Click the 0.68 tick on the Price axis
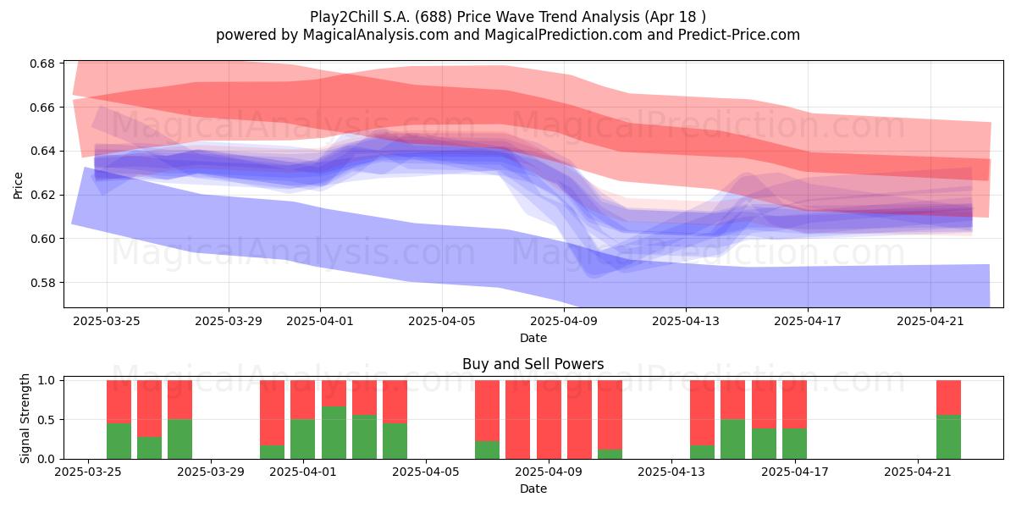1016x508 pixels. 41,63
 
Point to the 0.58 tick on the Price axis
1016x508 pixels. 41,283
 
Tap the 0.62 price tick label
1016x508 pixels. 41,195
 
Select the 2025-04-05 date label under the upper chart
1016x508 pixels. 442,321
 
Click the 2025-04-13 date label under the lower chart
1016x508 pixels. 671,472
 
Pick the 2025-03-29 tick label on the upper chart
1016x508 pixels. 229,321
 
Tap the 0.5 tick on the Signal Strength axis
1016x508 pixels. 47,420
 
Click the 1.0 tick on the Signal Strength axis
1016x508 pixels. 47,380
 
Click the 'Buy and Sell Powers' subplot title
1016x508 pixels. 533,364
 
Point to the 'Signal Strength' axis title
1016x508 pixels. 25,418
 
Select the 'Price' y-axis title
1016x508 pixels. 18,185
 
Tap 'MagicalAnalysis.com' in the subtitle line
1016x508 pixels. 376,35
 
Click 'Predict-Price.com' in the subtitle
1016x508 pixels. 739,35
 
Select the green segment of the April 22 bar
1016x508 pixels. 948,437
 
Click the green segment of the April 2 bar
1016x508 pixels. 334,433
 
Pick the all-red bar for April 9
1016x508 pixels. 549,420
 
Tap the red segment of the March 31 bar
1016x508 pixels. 272,413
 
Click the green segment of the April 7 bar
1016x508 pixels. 487,450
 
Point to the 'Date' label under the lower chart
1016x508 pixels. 533,489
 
